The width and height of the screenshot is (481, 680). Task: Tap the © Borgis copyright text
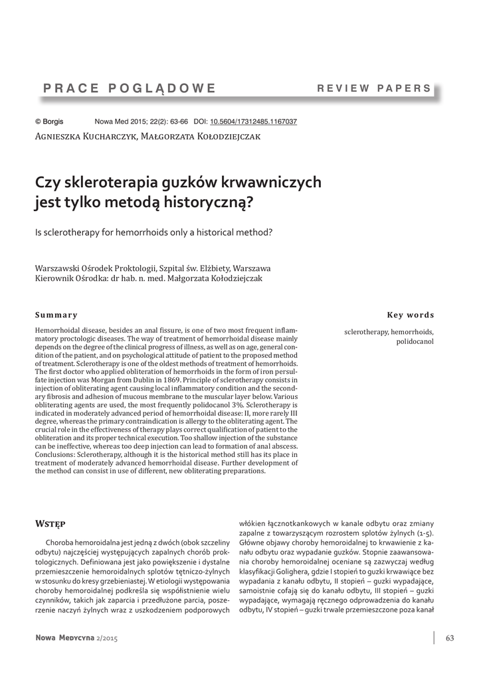point(49,122)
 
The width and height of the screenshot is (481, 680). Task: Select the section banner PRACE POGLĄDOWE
point(130,88)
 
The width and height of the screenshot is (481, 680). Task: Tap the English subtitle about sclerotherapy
point(154,232)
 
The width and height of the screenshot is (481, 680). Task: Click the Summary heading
point(56,315)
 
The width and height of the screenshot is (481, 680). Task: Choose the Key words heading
point(410,315)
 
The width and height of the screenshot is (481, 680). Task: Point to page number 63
point(450,638)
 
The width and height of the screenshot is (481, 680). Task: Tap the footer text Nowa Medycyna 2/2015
point(80,638)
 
